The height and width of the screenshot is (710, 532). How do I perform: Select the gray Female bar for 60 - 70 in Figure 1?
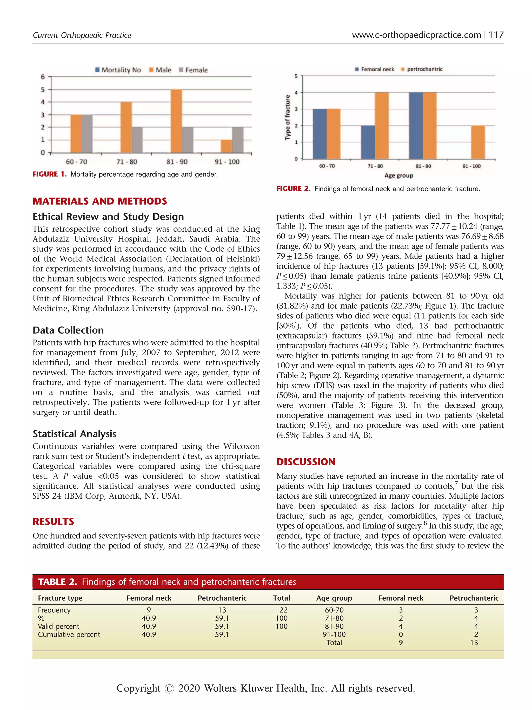[x=87, y=134]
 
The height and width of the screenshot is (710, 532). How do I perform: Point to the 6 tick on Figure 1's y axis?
[x=43, y=77]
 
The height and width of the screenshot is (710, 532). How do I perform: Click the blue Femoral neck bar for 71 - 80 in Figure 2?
[x=368, y=142]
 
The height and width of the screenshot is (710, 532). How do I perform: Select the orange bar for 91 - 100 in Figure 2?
[x=478, y=142]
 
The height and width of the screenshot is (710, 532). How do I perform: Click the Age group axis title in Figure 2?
[x=398, y=175]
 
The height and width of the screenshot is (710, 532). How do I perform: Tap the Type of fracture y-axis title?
[x=288, y=117]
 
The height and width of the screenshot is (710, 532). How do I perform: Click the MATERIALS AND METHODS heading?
[x=100, y=201]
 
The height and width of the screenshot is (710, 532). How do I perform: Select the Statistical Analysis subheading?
[x=74, y=434]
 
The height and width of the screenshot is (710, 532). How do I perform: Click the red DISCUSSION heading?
[x=306, y=462]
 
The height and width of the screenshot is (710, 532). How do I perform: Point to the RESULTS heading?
[x=53, y=522]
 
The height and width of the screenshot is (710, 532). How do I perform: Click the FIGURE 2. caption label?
[x=293, y=189]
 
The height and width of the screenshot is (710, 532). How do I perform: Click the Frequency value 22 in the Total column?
[x=283, y=610]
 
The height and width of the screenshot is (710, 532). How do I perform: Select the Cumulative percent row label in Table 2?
[x=69, y=635]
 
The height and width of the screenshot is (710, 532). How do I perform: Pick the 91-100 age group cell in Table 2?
[x=334, y=635]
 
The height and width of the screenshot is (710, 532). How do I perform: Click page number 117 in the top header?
[x=496, y=35]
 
